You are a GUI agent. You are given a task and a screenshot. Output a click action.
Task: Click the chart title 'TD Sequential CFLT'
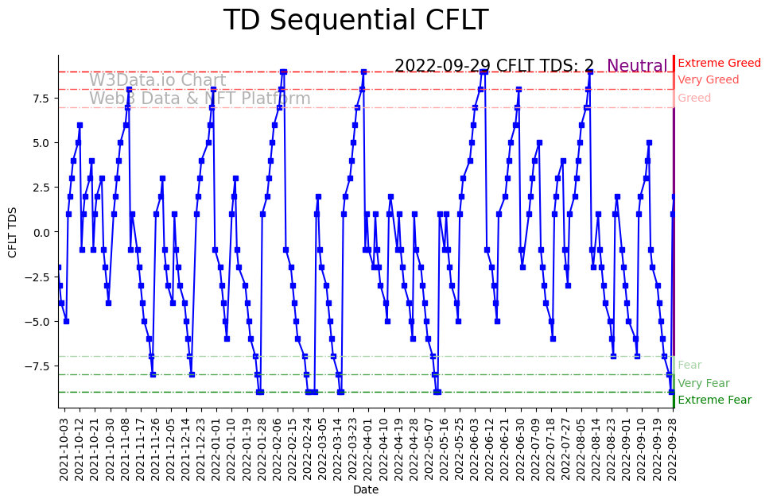click(x=355, y=21)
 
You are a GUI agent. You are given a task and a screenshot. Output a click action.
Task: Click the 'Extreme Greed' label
click(x=719, y=63)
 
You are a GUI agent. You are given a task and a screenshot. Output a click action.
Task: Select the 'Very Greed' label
click(x=708, y=80)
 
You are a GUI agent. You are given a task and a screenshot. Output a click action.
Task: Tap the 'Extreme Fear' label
click(x=714, y=400)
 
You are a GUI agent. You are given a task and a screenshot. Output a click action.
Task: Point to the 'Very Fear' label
click(x=703, y=383)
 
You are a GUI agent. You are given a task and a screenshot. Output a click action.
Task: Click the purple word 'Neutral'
click(x=637, y=66)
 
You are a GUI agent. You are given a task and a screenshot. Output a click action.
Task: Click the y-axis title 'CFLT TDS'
click(x=13, y=231)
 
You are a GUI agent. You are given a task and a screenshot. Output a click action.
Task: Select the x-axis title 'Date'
click(x=366, y=490)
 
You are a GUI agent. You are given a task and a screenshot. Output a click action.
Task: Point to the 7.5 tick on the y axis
click(x=41, y=98)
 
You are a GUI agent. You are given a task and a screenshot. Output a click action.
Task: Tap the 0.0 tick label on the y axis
click(x=41, y=232)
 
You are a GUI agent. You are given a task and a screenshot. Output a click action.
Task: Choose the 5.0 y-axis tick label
click(x=41, y=143)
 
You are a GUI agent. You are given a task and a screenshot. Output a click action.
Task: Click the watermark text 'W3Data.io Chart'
click(x=157, y=80)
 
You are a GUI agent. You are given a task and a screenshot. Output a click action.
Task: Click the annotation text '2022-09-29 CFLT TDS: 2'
click(x=494, y=66)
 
